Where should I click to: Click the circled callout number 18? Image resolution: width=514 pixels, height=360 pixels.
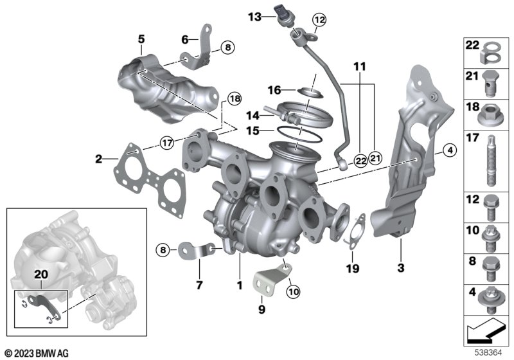point(233,98)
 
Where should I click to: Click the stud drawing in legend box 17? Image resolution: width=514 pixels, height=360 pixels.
point(491,157)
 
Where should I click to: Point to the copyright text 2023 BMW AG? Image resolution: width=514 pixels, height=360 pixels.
point(36,353)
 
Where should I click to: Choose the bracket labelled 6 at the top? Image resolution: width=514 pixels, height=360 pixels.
point(203,48)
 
